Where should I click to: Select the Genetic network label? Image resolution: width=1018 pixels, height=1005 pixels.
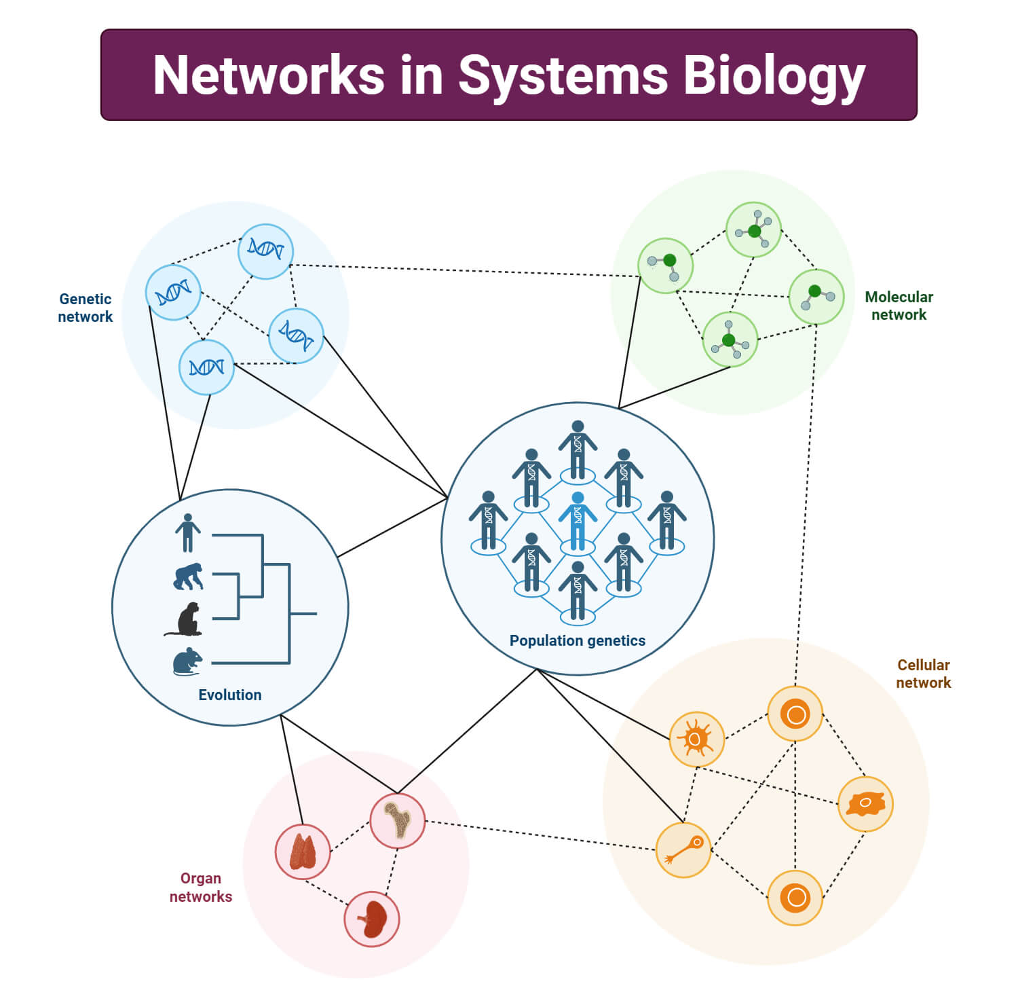click(x=85, y=308)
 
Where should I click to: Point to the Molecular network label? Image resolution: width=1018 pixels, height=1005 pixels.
click(x=899, y=306)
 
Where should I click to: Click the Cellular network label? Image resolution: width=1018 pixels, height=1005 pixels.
click(x=923, y=674)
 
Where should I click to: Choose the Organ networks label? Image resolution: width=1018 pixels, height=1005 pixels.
click(x=201, y=887)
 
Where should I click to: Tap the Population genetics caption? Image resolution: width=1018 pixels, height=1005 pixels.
click(x=577, y=640)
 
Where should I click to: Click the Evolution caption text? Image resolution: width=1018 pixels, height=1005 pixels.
click(x=229, y=695)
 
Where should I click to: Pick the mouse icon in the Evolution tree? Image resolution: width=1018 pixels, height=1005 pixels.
click(x=187, y=661)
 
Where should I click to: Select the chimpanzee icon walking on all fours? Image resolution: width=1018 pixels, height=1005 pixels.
click(x=188, y=577)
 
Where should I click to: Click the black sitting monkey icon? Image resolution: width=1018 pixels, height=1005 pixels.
click(x=185, y=619)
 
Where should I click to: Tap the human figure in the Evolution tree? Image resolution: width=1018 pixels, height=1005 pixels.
click(x=187, y=533)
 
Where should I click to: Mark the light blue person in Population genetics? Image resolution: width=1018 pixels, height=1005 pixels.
click(x=578, y=521)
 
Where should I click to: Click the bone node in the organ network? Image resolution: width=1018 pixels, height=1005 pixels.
click(x=398, y=820)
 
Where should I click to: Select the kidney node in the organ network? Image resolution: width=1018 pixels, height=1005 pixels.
click(x=372, y=919)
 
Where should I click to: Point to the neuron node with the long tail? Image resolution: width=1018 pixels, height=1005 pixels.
click(x=683, y=849)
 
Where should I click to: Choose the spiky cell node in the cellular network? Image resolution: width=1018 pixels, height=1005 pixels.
click(x=696, y=739)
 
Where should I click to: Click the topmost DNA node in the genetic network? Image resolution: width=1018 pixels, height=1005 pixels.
click(x=265, y=251)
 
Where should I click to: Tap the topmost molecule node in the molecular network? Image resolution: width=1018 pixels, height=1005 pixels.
click(x=753, y=230)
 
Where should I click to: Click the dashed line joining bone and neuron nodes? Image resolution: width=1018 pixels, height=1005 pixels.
click(x=540, y=835)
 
